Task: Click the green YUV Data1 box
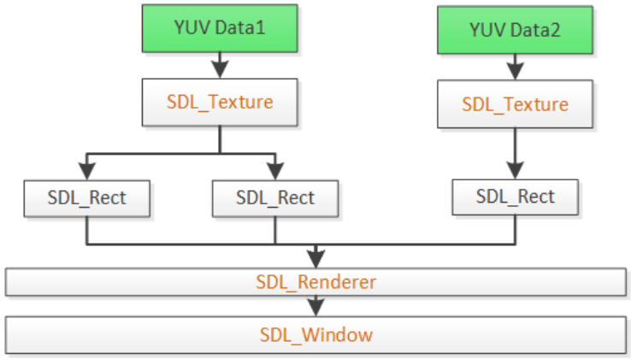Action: pyautogui.click(x=220, y=27)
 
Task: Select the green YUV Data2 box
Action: pyautogui.click(x=515, y=31)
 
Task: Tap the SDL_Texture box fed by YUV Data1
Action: pyautogui.click(x=220, y=102)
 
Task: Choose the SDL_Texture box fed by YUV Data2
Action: pyautogui.click(x=515, y=105)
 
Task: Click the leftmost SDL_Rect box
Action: pyautogui.click(x=86, y=198)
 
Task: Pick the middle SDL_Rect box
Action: pyautogui.click(x=274, y=198)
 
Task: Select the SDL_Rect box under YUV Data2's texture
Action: pyautogui.click(x=515, y=197)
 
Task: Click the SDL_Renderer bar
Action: pyautogui.click(x=315, y=280)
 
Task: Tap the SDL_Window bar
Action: pyautogui.click(x=315, y=333)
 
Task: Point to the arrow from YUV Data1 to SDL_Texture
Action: pyautogui.click(x=220, y=65)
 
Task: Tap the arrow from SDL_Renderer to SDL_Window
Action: pyautogui.click(x=316, y=304)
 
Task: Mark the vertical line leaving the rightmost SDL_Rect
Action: pyautogui.click(x=515, y=229)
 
